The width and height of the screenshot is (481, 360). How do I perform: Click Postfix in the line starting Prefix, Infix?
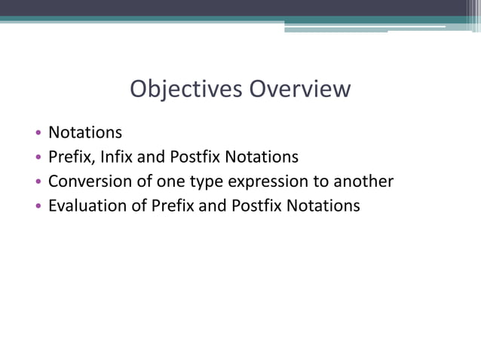(x=193, y=157)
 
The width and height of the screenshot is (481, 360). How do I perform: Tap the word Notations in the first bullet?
(x=84, y=133)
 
